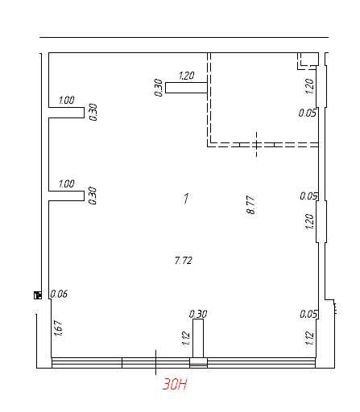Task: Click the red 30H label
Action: click(x=175, y=384)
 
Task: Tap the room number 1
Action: click(x=186, y=199)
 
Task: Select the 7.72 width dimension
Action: click(x=184, y=261)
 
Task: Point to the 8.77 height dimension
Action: click(x=250, y=205)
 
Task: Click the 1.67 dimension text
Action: click(x=58, y=328)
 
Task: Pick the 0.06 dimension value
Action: click(x=59, y=294)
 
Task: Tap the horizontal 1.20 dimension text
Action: click(x=187, y=76)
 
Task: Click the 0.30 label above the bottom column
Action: click(x=198, y=314)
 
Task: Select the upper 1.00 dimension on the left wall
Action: click(x=67, y=101)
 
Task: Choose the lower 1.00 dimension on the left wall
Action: click(x=67, y=184)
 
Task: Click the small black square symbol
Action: click(x=38, y=295)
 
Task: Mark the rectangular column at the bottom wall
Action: click(x=198, y=338)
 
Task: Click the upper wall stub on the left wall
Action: click(x=66, y=113)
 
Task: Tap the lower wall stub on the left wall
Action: click(x=66, y=196)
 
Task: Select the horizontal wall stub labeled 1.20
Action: click(x=186, y=88)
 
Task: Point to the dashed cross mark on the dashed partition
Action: click(x=257, y=144)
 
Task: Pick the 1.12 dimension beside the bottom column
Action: click(x=186, y=339)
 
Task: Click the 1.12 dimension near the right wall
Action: click(x=309, y=338)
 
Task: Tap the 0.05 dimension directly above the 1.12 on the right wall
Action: click(x=308, y=314)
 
